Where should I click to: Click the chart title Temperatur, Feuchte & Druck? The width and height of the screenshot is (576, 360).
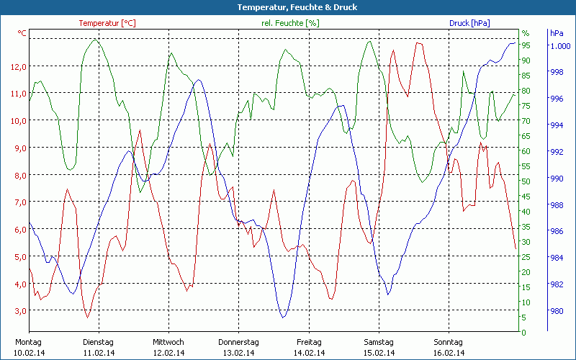pos(287,7)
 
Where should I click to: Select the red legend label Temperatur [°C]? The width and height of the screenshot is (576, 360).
pos(107,23)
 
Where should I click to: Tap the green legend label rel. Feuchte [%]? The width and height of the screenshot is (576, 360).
pos(290,23)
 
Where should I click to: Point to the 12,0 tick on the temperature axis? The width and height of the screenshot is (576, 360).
pos(19,66)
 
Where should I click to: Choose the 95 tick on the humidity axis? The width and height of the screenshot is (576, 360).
pos(526,45)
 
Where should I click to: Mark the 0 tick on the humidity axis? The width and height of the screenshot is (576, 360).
pos(523,333)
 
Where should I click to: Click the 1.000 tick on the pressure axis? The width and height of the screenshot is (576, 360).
pos(561,46)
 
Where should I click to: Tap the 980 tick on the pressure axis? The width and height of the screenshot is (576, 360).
pos(557,311)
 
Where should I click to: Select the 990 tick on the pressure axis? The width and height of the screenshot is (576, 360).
pos(557,179)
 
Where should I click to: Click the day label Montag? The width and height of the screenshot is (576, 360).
pos(27,342)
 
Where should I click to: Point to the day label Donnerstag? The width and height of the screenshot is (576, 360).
pos(238,342)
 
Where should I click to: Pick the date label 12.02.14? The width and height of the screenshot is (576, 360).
pos(168,353)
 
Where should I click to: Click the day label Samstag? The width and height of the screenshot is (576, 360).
pos(378,342)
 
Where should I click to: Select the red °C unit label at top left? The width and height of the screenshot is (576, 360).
pos(22,33)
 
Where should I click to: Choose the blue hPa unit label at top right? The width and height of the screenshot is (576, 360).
pos(557,33)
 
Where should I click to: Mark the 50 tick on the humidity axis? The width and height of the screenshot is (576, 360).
pos(526,181)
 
